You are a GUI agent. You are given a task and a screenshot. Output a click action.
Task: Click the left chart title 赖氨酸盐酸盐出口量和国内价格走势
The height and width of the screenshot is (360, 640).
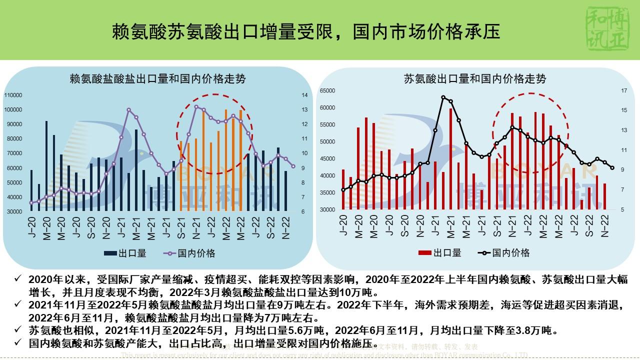pos(157,79)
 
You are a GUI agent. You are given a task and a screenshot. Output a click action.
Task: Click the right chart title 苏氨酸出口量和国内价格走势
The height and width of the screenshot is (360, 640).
pos(474,79)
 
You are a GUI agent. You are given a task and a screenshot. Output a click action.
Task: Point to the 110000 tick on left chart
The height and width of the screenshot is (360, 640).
pos(14,95)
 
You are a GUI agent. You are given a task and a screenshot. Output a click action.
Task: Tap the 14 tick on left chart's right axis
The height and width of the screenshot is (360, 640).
pos(304,95)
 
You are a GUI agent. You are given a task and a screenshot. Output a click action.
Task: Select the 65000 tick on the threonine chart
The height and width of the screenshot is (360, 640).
pos(327,91)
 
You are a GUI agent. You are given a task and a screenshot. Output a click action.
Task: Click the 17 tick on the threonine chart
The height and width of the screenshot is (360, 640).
pos(623,91)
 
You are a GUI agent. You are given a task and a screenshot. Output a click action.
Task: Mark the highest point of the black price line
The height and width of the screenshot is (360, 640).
pos(443,97)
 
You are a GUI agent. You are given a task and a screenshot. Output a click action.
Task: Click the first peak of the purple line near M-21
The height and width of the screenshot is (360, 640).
pos(128,110)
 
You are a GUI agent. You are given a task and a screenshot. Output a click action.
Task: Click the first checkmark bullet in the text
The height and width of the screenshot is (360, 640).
pos(18,278)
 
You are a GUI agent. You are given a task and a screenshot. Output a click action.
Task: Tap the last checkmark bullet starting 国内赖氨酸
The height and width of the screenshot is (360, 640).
pos(18,343)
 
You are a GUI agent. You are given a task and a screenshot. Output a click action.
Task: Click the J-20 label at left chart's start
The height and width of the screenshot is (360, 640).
pos(31,228)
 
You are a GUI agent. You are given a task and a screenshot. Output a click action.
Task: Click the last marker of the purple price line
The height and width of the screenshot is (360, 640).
pos(293,166)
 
